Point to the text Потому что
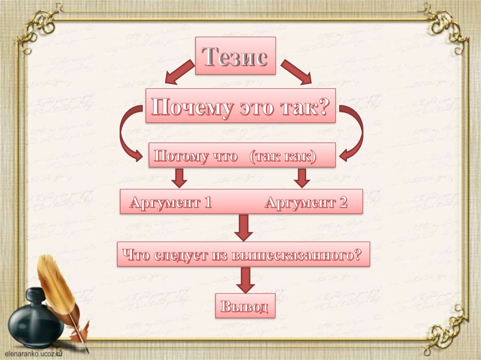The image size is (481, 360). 196,156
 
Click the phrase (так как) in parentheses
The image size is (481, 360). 283,156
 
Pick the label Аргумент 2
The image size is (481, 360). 306,203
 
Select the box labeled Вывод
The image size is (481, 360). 245,306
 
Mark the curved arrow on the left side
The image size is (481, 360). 128,134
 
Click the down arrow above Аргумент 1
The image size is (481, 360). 178,177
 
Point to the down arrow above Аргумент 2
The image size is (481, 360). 302,177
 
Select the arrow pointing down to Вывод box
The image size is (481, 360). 245,280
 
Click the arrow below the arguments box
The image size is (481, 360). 243,227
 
